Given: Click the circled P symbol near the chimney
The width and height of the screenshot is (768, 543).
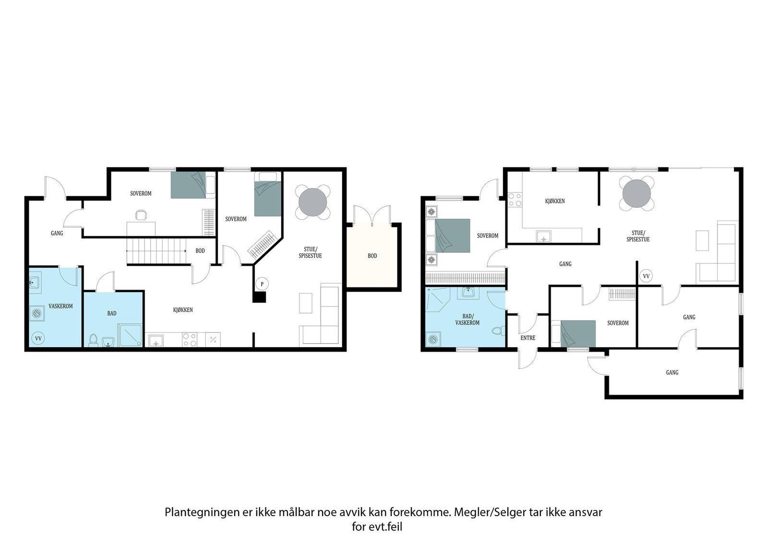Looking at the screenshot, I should coord(262,284).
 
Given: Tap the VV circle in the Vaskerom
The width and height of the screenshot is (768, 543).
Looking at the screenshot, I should coord(38,339).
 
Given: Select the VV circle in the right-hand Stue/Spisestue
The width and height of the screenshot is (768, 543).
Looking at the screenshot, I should coord(646,276).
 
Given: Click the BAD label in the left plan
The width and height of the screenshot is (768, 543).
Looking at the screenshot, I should coord(112,313).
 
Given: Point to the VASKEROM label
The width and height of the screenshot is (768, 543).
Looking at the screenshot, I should coord(60,306).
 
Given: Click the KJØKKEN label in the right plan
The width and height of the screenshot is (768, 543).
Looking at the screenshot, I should coord(555,201).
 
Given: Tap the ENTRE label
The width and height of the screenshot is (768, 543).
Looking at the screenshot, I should coord(528,338).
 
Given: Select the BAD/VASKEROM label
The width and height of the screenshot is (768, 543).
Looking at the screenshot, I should coord(468,319).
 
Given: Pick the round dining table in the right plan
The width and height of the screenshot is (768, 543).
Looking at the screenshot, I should coord(637,194).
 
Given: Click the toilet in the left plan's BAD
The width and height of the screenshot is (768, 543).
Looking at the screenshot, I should coord(93,340).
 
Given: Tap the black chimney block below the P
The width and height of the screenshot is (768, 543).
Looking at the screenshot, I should coord(259,297).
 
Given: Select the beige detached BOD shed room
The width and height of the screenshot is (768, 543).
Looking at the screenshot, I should coord(372,256).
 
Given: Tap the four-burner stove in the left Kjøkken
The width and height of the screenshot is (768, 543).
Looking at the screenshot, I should coord(189,340).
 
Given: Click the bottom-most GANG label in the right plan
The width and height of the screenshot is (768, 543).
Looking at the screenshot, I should coord(672,372).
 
